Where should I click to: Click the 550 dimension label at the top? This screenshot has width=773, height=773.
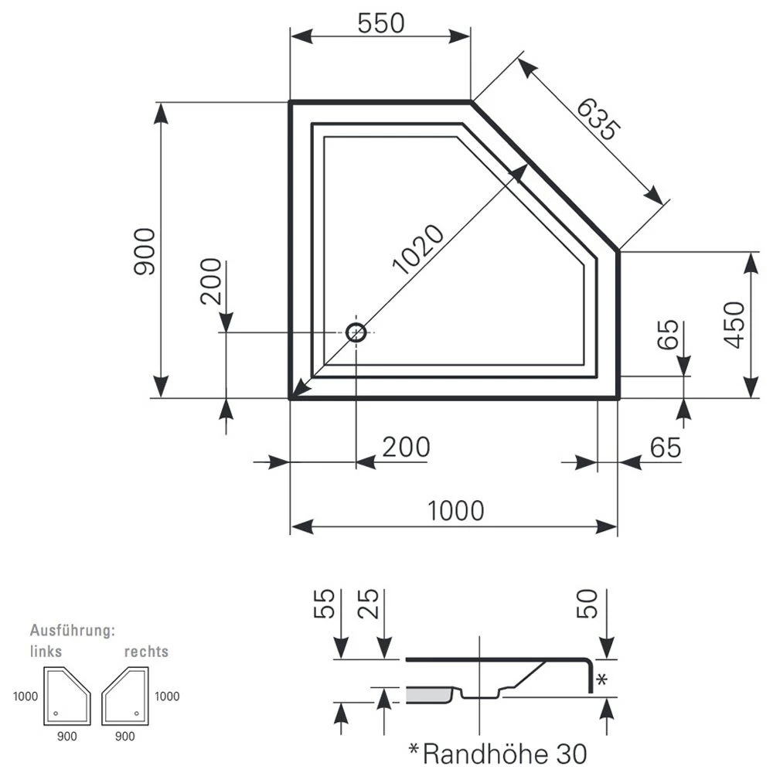381,24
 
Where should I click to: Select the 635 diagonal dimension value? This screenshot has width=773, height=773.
597,120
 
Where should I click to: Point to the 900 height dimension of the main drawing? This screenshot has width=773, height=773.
145,252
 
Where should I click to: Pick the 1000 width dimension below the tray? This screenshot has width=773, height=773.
455,511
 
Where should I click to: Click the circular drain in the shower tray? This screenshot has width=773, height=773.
356,332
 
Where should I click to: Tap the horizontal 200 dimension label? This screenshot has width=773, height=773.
404,447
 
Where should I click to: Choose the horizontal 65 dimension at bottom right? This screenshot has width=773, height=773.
665,447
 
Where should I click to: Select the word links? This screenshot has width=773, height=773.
46,651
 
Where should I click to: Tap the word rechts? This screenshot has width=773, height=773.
146,651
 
